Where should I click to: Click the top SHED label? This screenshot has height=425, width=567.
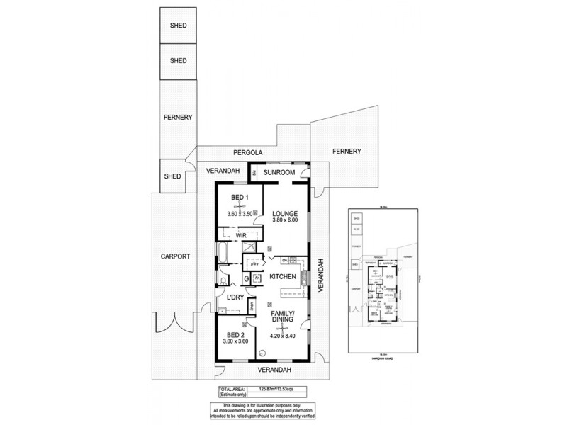178,26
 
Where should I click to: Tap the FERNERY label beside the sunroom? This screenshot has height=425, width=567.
347,151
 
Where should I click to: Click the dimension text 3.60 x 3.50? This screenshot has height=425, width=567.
240,213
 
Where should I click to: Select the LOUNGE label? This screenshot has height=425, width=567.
286,213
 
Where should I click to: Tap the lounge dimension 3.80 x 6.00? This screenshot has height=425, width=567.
286,221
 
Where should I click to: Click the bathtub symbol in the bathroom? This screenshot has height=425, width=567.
223,253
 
